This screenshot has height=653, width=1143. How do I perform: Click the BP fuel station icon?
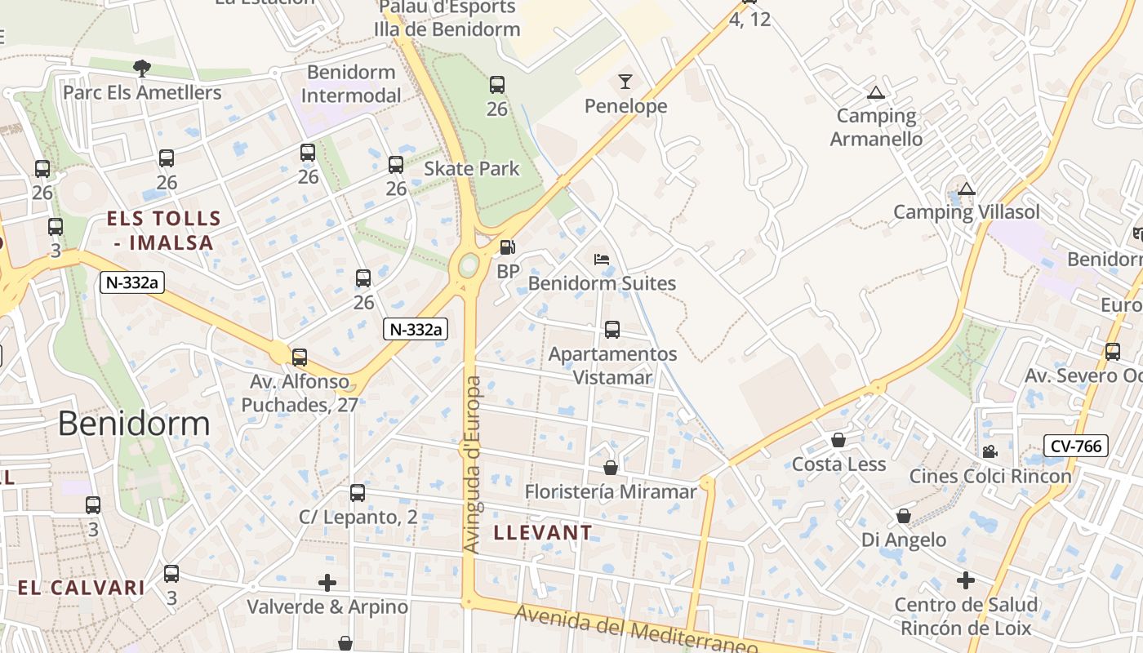pyautogui.click(x=507, y=247)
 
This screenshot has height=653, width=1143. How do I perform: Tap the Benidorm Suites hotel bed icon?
pyautogui.click(x=602, y=260)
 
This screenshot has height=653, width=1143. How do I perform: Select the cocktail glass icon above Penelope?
pyautogui.click(x=625, y=82)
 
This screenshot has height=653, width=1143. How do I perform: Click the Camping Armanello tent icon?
pyautogui.click(x=876, y=93)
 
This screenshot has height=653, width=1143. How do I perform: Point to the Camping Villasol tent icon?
pyautogui.click(x=967, y=189)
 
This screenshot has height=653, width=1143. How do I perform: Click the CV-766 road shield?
pyautogui.click(x=1075, y=446)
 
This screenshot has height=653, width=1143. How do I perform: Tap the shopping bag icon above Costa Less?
pyautogui.click(x=838, y=441)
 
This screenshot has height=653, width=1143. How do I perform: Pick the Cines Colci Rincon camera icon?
pyautogui.click(x=990, y=452)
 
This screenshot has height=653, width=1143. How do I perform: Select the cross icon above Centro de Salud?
pyautogui.click(x=966, y=581)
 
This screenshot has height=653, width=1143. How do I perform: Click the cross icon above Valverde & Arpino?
pyautogui.click(x=327, y=583)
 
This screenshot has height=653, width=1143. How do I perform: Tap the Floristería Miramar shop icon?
pyautogui.click(x=610, y=468)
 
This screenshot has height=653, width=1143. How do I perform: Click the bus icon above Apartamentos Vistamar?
pyautogui.click(x=612, y=330)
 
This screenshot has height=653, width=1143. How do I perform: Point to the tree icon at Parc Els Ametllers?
pyautogui.click(x=142, y=68)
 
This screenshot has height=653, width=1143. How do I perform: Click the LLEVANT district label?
pyautogui.click(x=543, y=533)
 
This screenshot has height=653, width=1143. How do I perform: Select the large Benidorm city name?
pyautogui.click(x=134, y=424)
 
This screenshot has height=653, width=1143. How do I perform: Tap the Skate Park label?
pyautogui.click(x=472, y=169)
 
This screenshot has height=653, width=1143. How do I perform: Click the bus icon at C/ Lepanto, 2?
pyautogui.click(x=358, y=493)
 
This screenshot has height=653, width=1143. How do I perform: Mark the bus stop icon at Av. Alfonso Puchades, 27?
pyautogui.click(x=300, y=358)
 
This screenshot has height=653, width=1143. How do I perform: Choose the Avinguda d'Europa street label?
pyautogui.click(x=473, y=464)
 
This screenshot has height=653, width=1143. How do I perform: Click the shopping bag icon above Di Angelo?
pyautogui.click(x=904, y=517)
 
